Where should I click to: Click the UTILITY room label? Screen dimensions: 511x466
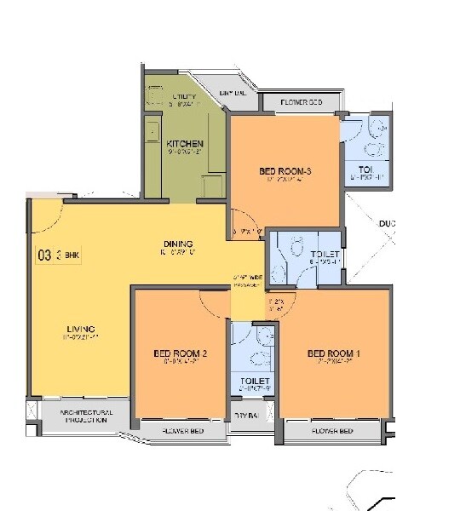click(x=184, y=96)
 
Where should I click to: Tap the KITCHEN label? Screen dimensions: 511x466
click(x=184, y=142)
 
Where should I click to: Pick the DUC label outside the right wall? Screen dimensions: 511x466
click(x=388, y=224)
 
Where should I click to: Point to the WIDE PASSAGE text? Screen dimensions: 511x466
click(x=245, y=282)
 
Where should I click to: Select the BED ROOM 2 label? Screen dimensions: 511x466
click(x=181, y=353)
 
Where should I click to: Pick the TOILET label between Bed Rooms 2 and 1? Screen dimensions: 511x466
click(x=255, y=381)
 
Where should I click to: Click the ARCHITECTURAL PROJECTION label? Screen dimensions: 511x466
click(x=84, y=416)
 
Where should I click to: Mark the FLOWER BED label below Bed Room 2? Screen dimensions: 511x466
click(x=182, y=432)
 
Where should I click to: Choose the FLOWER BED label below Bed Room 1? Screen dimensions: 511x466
click(x=331, y=432)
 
